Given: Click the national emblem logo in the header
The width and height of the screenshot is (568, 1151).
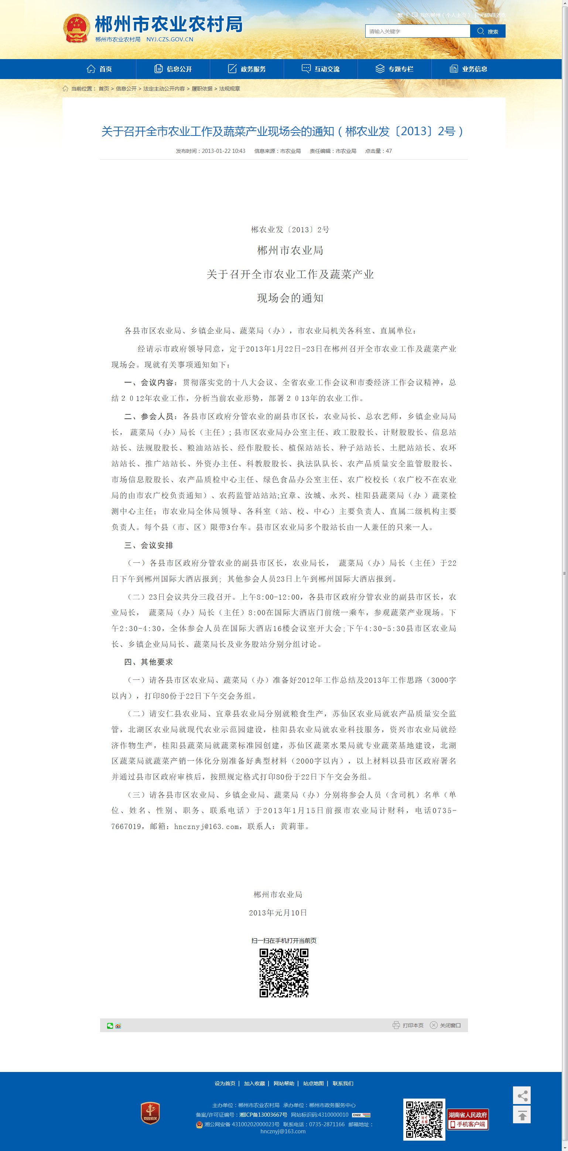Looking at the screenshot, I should point(76,28).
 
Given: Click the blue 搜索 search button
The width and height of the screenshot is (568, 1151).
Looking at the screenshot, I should point(487,31).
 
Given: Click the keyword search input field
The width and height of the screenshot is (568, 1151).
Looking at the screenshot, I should point(417,31).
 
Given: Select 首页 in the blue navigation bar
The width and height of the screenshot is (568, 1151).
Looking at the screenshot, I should point(99,69).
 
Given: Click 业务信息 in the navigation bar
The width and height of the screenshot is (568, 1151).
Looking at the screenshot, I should point(468,69).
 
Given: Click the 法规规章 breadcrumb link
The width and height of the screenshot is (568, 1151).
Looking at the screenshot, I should point(229,89).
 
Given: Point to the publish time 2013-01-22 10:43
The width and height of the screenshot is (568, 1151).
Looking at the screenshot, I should point(223,151).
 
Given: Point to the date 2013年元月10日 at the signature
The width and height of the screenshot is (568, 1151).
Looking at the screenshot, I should point(278,913).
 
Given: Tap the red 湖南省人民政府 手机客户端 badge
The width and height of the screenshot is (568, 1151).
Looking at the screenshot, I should point(468,1119).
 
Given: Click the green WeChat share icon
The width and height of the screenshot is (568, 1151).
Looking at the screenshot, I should point(110,1025).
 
